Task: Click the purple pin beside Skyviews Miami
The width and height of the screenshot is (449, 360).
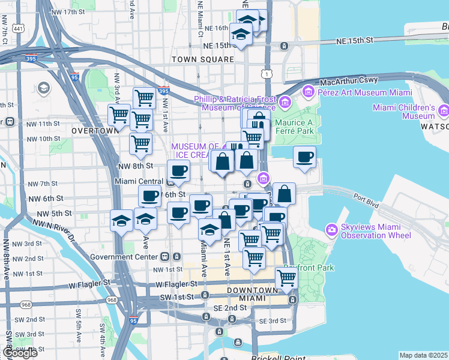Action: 331,229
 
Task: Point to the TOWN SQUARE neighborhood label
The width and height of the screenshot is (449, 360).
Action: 202,60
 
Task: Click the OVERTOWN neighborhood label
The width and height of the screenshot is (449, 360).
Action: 95,130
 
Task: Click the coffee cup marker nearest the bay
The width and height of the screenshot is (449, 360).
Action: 304,158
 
